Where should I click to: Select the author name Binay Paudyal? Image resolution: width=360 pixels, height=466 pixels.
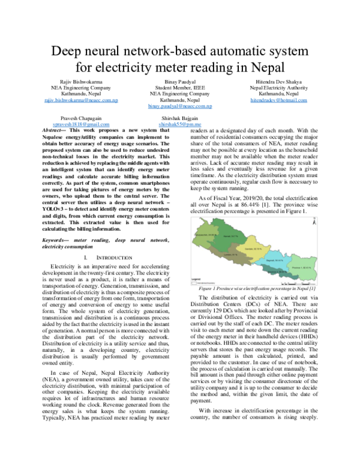[x=180, y=80]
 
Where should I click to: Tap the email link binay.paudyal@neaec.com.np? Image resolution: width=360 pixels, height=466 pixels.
[x=180, y=106]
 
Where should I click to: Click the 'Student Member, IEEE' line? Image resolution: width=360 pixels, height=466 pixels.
[x=180, y=87]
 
